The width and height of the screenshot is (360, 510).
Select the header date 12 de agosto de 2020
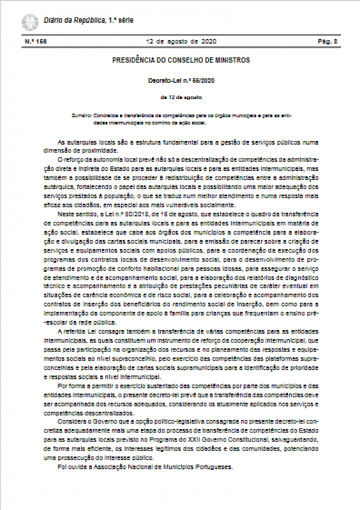(180, 41)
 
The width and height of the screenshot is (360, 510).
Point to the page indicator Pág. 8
(328, 41)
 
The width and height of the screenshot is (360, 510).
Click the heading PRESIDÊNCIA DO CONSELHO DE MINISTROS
(181, 61)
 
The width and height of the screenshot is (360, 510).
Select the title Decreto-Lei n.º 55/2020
(181, 80)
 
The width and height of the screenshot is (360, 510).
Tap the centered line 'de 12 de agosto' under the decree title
(181, 97)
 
